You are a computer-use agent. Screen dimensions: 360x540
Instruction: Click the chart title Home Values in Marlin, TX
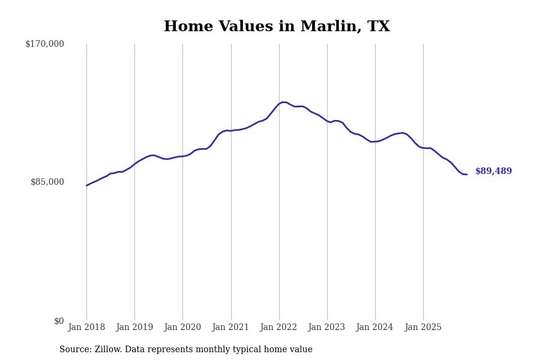[x=277, y=27]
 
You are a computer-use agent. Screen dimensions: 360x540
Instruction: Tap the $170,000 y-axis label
[x=44, y=44]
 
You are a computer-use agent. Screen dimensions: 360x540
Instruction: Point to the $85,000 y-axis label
[x=47, y=182]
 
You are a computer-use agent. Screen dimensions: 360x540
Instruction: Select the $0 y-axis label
[x=59, y=321]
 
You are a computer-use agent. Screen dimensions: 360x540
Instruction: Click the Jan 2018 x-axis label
[x=86, y=328]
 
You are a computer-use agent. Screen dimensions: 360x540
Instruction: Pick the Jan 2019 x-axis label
[x=134, y=328]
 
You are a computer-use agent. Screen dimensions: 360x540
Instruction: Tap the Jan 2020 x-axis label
[x=182, y=328]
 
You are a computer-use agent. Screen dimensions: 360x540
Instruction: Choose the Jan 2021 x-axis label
[x=230, y=328]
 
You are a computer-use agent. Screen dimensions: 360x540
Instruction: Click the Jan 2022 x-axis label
[x=278, y=328]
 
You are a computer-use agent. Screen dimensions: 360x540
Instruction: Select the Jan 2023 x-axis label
[x=326, y=328]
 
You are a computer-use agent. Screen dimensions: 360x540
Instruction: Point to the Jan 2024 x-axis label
[x=374, y=328]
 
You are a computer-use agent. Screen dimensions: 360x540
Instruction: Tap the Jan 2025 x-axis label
[x=423, y=328]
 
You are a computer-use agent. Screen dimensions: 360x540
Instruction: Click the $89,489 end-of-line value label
[x=493, y=172]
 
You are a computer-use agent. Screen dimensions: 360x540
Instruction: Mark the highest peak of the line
[x=283, y=102]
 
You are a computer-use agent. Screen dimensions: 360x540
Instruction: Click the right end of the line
[x=466, y=174]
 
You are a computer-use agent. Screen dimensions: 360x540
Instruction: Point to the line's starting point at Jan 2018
[x=86, y=185]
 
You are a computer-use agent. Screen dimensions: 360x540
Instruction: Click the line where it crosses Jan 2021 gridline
[x=231, y=130]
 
